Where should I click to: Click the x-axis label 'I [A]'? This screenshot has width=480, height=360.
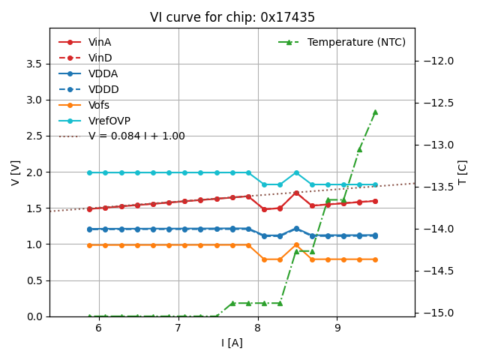pos(232,343)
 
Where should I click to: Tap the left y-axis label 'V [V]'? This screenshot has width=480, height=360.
pos(15,172)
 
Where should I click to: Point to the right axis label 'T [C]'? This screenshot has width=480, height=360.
pos(462,172)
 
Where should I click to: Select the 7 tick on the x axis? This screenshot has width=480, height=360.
pos(178,328)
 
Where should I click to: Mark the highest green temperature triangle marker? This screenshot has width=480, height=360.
pos(375,112)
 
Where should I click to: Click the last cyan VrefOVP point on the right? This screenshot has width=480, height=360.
pos(375,184)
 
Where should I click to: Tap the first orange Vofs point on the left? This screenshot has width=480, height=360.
pos(89,244)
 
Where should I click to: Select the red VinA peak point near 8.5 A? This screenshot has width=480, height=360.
pos(296,193)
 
